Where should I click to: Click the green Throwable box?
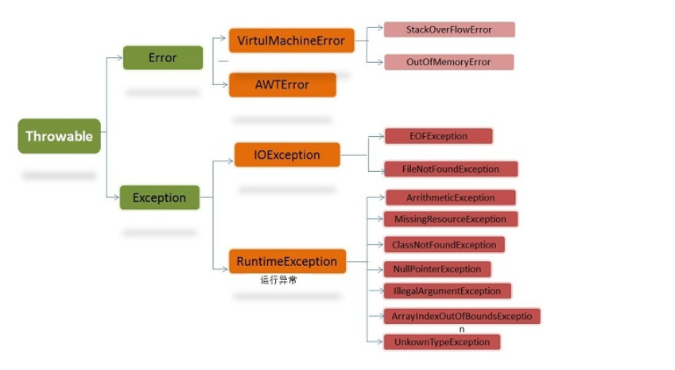59,136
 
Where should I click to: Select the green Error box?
162,58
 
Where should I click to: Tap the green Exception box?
159,197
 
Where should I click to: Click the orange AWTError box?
281,84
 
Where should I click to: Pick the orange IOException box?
287,154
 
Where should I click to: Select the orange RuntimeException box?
287,261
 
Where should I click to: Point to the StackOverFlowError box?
449,29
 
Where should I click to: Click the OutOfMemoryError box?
448,62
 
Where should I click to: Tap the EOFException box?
438,136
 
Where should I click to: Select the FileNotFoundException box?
451,169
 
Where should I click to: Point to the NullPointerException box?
437,269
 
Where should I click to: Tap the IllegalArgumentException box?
447,291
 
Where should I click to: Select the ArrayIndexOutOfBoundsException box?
461,316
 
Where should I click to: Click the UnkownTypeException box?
442,341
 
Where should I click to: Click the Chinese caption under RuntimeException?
278,280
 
